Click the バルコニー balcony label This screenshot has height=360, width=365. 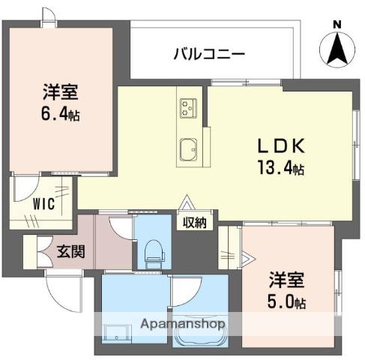click(209, 54)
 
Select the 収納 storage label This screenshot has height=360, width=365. click(196, 222)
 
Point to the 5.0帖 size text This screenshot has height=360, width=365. click(288, 303)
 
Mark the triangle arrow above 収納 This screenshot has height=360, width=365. click(186, 204)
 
